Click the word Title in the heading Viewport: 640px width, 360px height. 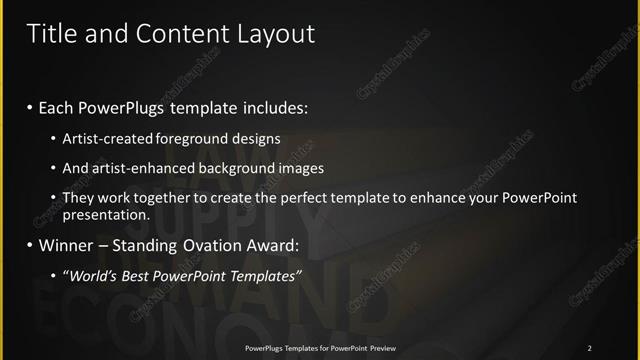[x=51, y=34]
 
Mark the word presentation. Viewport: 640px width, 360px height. [x=120, y=214]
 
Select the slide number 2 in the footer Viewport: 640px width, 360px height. [x=590, y=348]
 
